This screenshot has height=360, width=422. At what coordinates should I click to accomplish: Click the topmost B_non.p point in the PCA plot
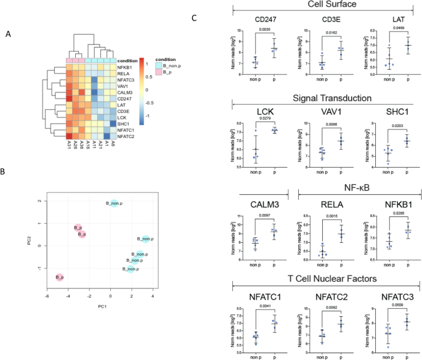(x=115, y=203)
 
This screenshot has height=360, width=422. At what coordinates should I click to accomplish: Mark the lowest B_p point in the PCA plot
(x=60, y=278)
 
